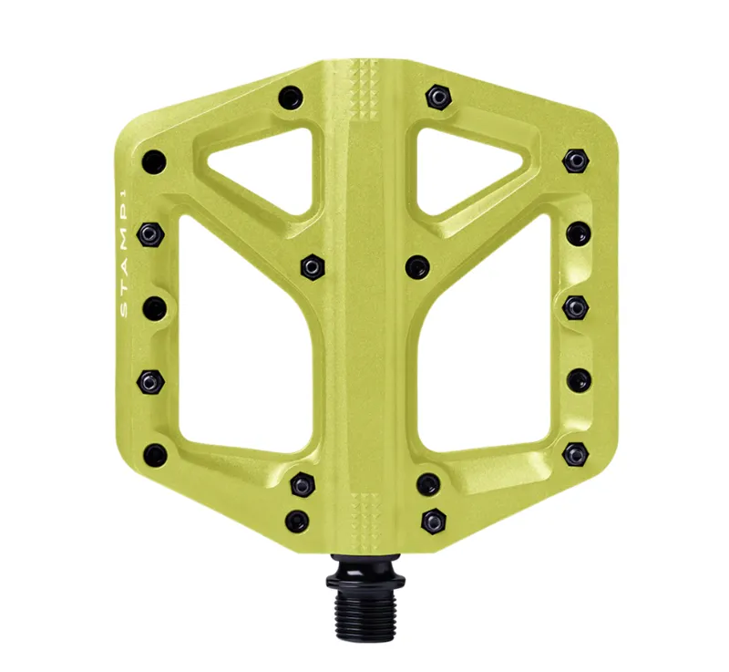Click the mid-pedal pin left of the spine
(x=313, y=265)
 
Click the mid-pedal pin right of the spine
(x=416, y=266)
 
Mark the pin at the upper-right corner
(x=573, y=160)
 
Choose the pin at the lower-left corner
(x=156, y=451)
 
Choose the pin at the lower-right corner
(x=574, y=452)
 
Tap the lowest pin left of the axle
(x=296, y=522)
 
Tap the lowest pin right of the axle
(x=434, y=522)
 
